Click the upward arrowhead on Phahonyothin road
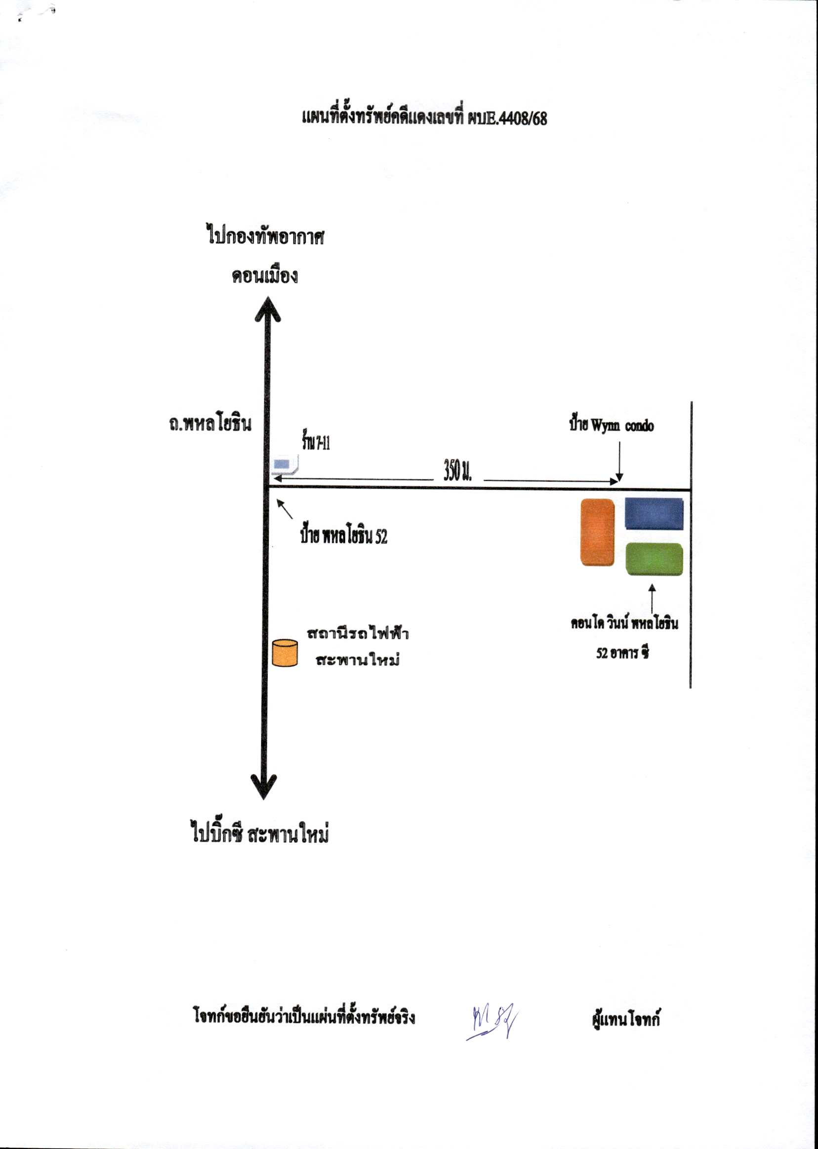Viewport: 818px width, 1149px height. point(266,308)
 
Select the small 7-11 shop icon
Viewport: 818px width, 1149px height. point(283,464)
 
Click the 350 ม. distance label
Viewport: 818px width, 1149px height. point(457,471)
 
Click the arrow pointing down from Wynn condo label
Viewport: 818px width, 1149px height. point(619,461)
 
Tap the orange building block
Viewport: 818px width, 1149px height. point(597,532)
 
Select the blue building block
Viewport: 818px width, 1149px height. point(654,513)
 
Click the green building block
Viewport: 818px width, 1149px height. point(654,559)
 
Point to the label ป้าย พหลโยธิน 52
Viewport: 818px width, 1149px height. point(343,537)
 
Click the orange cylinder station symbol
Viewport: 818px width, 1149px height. point(285,653)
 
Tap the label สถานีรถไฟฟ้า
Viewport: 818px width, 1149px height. point(358,633)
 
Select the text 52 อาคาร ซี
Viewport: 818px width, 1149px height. point(622,653)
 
